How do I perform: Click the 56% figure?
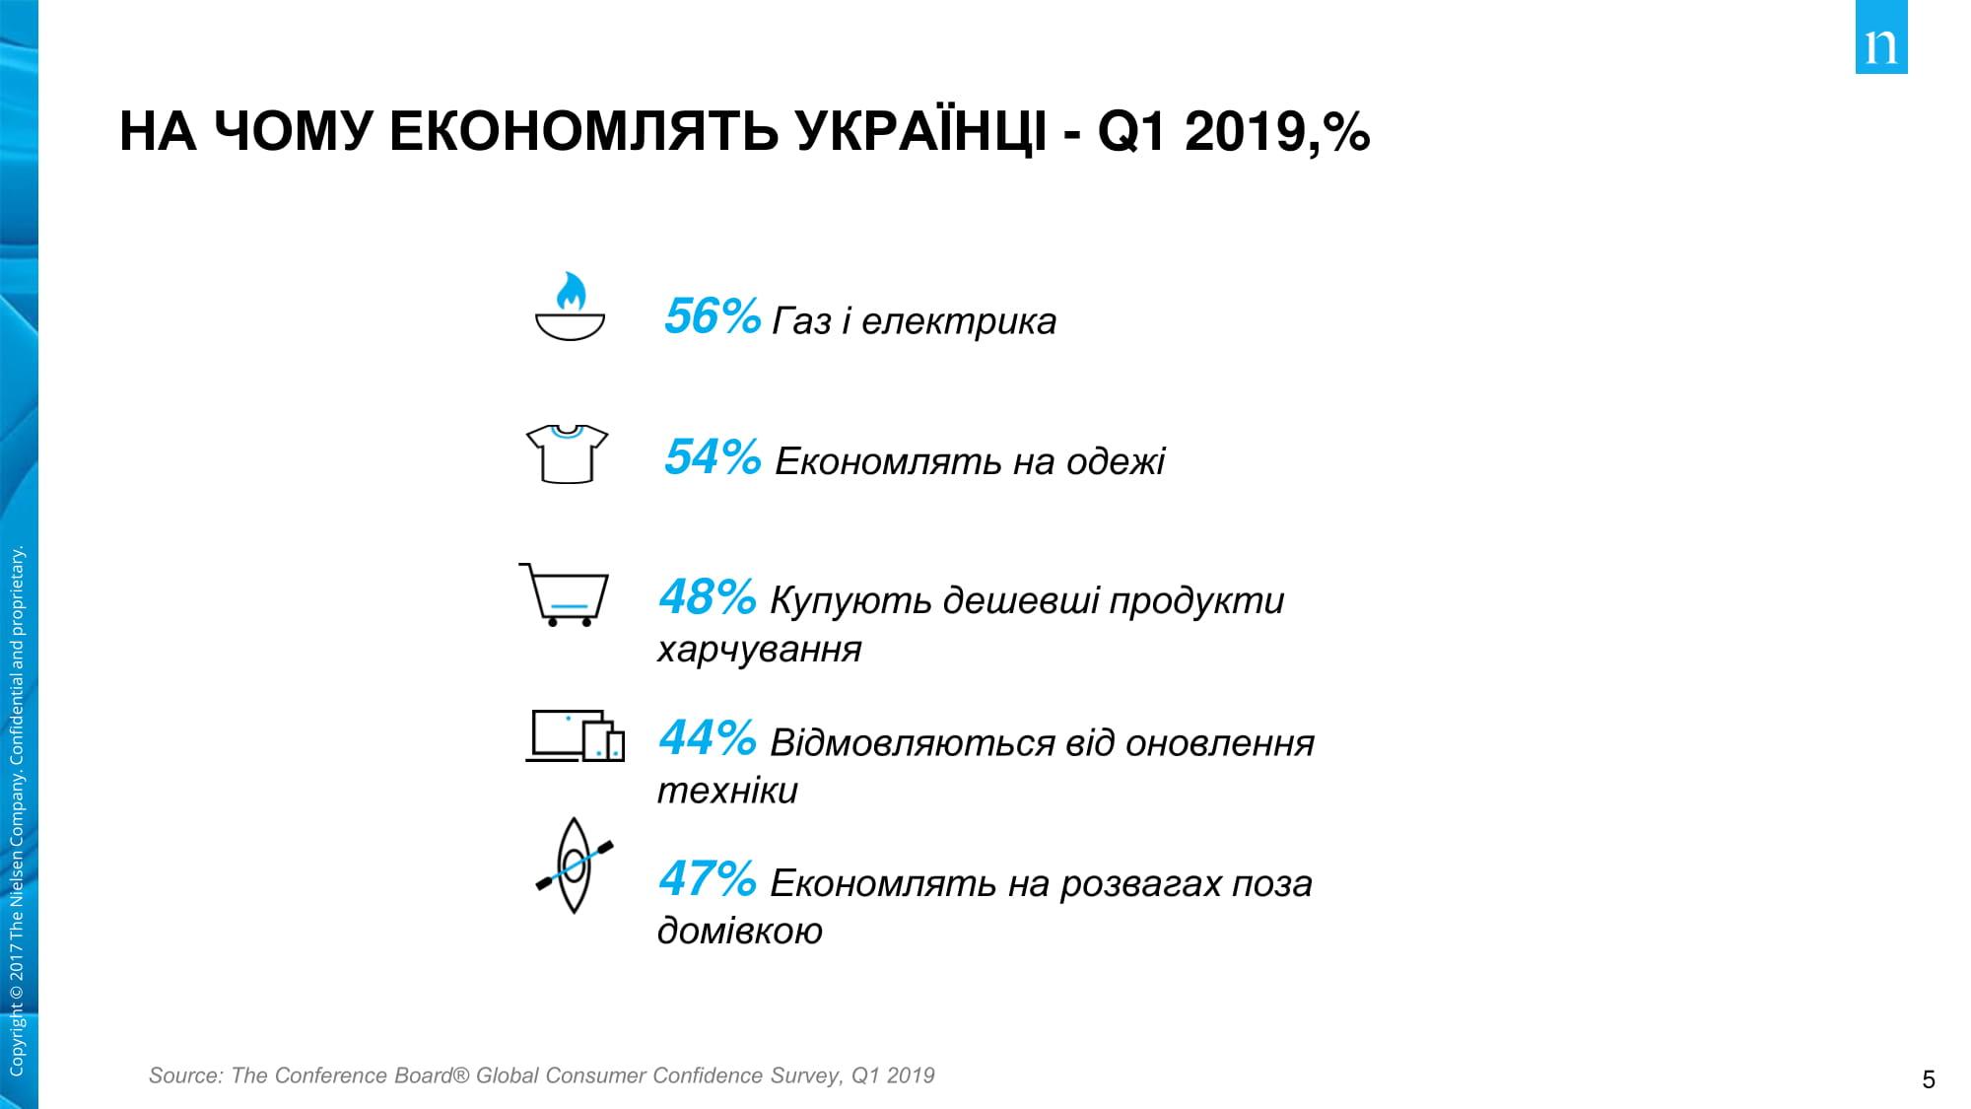click(x=712, y=317)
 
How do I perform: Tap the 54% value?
click(x=712, y=457)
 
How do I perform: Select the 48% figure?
click(x=707, y=597)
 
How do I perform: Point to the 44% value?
click(x=707, y=738)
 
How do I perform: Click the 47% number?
click(x=707, y=879)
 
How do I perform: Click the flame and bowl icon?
click(x=569, y=307)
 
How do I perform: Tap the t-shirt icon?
click(x=567, y=453)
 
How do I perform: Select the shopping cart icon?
click(x=564, y=594)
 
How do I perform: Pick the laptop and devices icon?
click(x=575, y=735)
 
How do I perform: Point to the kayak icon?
click(x=575, y=865)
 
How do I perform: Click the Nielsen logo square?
click(x=1880, y=38)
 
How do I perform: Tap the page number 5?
click(x=1929, y=1079)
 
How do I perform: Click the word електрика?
click(x=958, y=321)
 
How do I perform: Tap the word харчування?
click(x=759, y=650)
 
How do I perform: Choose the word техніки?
click(x=727, y=791)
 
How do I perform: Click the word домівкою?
click(x=739, y=931)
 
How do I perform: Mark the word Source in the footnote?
click(x=185, y=1075)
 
